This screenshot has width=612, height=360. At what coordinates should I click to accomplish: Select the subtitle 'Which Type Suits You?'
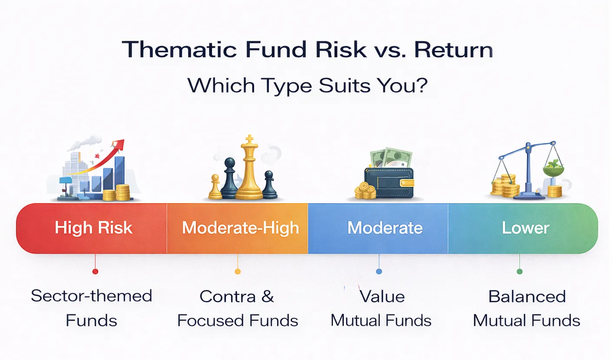point(307,86)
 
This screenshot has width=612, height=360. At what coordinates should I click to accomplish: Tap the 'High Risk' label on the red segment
point(93,228)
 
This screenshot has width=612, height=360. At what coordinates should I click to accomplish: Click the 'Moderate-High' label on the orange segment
point(240,228)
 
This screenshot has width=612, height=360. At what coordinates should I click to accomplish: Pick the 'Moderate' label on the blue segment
point(385,228)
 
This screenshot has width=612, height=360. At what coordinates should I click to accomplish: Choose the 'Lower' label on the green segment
point(526,228)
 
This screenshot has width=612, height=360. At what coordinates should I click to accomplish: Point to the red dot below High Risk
point(95,271)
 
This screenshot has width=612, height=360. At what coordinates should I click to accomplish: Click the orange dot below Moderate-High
point(238,271)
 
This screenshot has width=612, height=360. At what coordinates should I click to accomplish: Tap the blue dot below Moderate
point(379,271)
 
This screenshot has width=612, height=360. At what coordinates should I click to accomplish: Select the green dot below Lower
point(519,271)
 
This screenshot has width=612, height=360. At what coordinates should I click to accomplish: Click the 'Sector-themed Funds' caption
point(92,308)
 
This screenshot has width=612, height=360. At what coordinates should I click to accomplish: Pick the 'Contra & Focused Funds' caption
point(238,308)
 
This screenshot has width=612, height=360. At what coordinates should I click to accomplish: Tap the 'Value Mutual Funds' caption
point(381,308)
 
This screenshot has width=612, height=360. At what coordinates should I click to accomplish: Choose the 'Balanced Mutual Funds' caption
point(526,308)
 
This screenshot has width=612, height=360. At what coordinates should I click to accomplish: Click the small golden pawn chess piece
point(215,188)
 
